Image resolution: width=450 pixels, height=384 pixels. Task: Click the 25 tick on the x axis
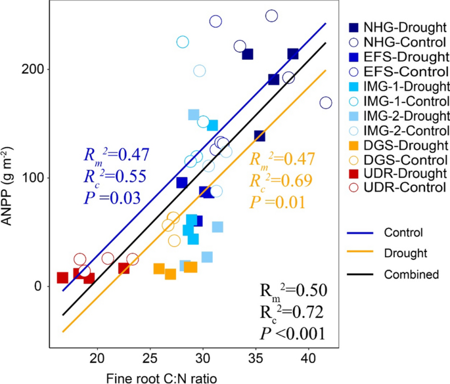click(x=150, y=359)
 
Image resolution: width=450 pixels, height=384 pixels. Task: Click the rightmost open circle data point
click(x=326, y=103)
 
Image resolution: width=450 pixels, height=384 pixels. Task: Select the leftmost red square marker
click(x=62, y=278)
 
